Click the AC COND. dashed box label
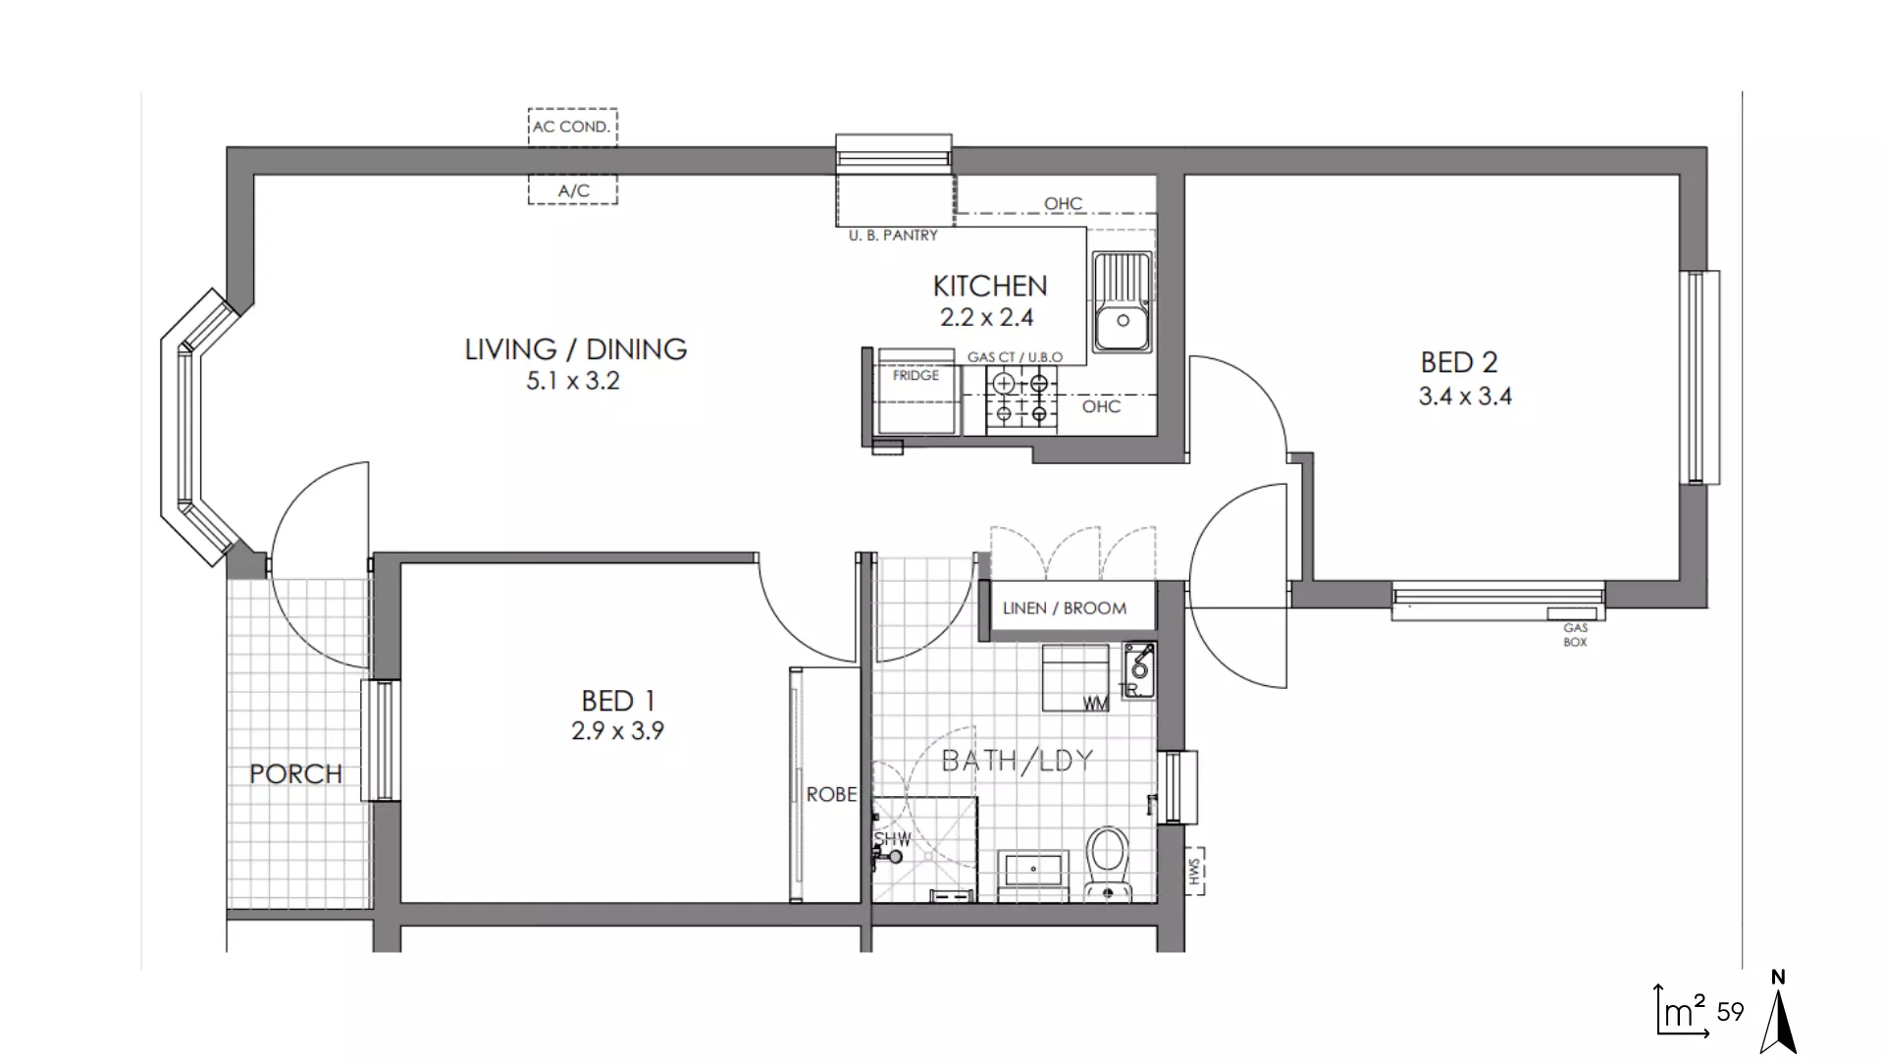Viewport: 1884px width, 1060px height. (x=572, y=127)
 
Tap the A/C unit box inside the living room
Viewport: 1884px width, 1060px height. (x=573, y=190)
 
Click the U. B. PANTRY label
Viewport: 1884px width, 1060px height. (x=893, y=236)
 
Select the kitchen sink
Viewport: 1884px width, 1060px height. (x=1123, y=301)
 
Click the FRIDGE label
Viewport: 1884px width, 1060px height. (x=916, y=376)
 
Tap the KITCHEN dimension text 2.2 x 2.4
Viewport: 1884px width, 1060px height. (x=986, y=317)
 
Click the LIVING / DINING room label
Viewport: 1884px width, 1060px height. (x=575, y=349)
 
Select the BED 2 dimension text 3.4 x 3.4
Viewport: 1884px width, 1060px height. (x=1464, y=397)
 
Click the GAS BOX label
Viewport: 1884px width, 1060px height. (x=1575, y=634)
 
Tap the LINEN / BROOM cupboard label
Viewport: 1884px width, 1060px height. (x=1065, y=609)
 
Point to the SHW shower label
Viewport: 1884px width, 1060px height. (x=892, y=839)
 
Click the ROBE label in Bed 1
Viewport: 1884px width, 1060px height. (x=831, y=794)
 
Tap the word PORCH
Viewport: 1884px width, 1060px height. (x=295, y=774)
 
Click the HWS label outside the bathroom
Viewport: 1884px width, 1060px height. (x=1194, y=871)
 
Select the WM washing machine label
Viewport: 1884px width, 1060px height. (x=1095, y=704)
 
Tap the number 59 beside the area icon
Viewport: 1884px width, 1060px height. (x=1730, y=1012)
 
